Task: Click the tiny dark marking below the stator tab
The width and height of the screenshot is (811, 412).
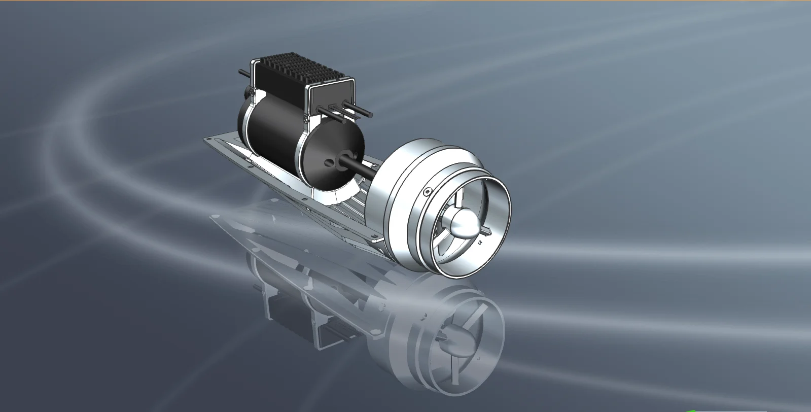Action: [x=479, y=243]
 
